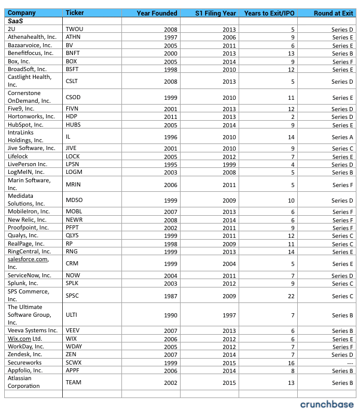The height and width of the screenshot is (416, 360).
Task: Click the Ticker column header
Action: tap(75, 13)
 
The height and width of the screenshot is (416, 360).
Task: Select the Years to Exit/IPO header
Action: tap(270, 13)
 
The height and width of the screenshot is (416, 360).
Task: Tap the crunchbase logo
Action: tap(327, 405)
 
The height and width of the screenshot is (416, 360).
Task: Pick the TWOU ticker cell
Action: tap(75, 29)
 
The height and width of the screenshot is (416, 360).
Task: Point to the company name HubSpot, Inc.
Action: tap(25, 125)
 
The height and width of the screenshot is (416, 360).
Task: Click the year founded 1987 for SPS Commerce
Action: tap(171, 295)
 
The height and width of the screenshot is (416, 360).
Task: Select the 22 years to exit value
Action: tap(292, 295)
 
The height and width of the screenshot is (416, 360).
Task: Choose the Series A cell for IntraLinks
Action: tap(343, 137)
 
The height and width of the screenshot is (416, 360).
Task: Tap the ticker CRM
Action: tap(72, 264)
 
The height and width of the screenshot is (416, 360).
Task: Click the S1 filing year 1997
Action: tap(228, 315)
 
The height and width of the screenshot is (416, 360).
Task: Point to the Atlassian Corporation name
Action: tap(24, 382)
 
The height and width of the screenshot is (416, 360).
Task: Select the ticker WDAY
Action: tap(74, 347)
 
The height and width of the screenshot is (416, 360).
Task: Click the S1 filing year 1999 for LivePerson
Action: tap(228, 164)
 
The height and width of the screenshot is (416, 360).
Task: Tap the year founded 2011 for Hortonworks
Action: tap(171, 117)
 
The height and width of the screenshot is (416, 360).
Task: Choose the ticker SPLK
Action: tap(73, 283)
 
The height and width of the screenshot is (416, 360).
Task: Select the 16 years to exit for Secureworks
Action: tap(292, 362)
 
